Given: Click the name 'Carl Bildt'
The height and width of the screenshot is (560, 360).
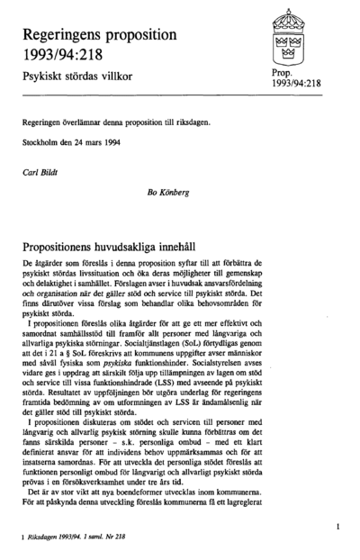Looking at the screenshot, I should point(43,168).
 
